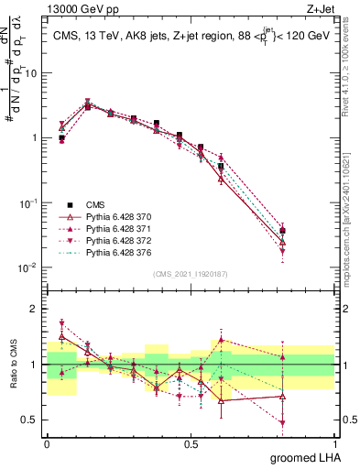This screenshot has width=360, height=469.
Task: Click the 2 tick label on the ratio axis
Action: point(36,309)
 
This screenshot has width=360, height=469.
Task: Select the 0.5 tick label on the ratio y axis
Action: point(30,420)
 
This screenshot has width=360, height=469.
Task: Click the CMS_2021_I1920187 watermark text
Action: point(190,274)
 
